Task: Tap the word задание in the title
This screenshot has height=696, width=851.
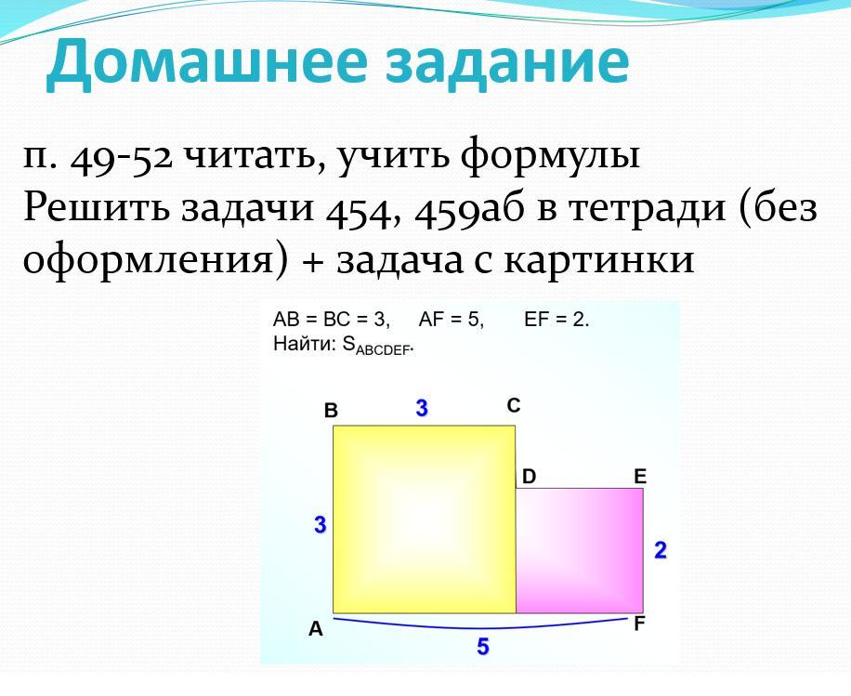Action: click(507, 60)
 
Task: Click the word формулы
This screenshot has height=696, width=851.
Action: click(550, 156)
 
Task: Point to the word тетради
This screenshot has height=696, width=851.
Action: click(647, 208)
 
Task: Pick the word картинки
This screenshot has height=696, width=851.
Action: click(599, 259)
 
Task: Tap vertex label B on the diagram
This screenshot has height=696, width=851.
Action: click(331, 411)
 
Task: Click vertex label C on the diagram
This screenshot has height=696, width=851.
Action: click(514, 405)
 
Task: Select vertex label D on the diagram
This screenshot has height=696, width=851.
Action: click(529, 477)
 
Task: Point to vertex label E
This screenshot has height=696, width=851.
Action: click(640, 477)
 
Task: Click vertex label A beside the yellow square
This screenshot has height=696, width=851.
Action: click(315, 629)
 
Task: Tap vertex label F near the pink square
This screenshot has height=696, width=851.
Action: click(639, 624)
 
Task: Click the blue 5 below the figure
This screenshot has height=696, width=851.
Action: click(482, 647)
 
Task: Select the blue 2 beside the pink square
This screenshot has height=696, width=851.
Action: click(660, 550)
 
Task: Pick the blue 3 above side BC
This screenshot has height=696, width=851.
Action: click(422, 408)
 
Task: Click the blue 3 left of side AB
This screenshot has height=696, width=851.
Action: click(321, 525)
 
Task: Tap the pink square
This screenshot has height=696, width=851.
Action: click(580, 550)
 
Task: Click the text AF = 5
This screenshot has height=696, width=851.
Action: click(451, 320)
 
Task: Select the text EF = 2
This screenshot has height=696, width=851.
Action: click(556, 320)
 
